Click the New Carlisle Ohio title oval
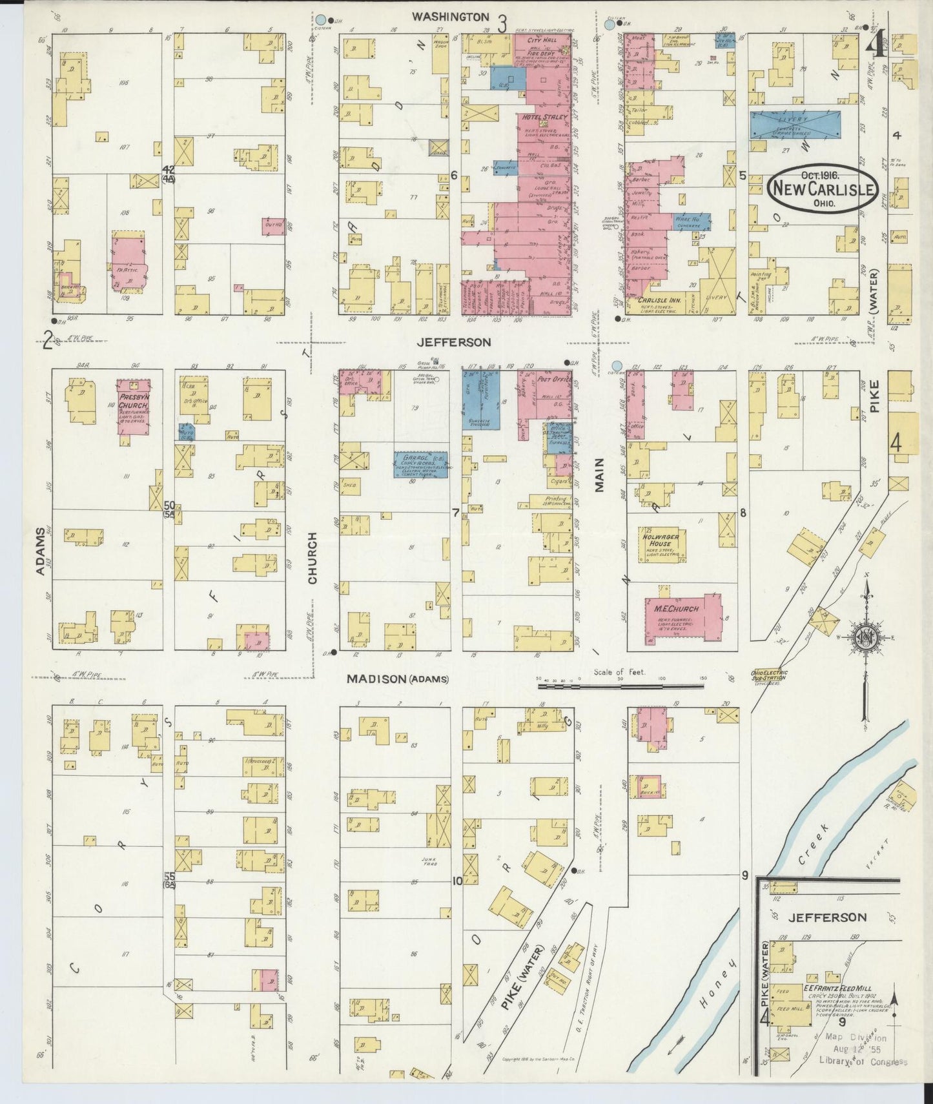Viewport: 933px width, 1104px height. (x=823, y=188)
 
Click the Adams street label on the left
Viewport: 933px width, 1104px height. (x=41, y=550)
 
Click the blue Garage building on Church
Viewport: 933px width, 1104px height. (x=421, y=464)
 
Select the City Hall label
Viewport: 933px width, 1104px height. (x=537, y=40)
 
